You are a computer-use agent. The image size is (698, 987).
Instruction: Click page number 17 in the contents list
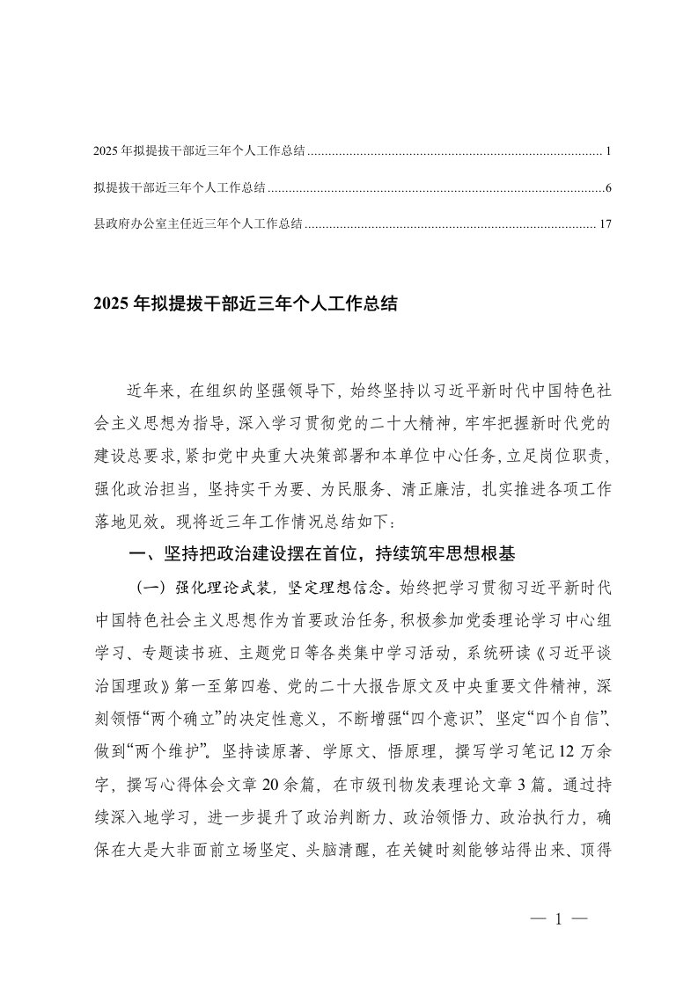[604, 224]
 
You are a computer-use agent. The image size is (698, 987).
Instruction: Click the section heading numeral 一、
[141, 555]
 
